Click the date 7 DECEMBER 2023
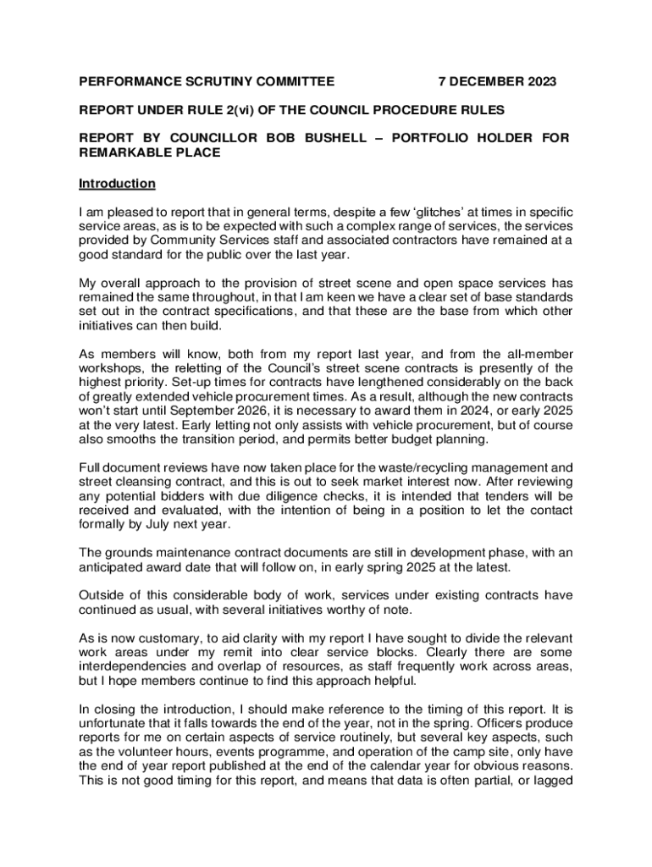[497, 82]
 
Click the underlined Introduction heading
[117, 184]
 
